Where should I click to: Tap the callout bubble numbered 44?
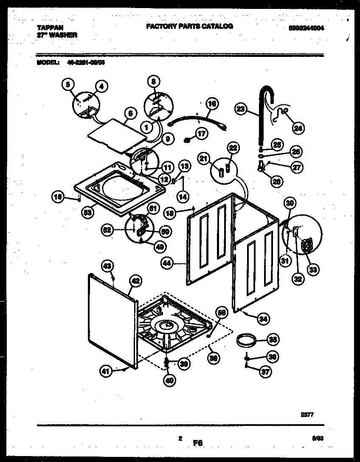(x=167, y=264)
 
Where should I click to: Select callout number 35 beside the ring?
(x=273, y=339)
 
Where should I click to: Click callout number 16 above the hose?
(x=212, y=104)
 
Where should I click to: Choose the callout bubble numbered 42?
(x=135, y=281)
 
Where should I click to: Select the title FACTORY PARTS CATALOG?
(x=189, y=26)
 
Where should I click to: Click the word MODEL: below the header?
(x=47, y=62)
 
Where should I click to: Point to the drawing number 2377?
(x=307, y=415)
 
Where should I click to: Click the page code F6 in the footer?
(x=198, y=443)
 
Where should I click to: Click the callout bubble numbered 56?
(x=221, y=313)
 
